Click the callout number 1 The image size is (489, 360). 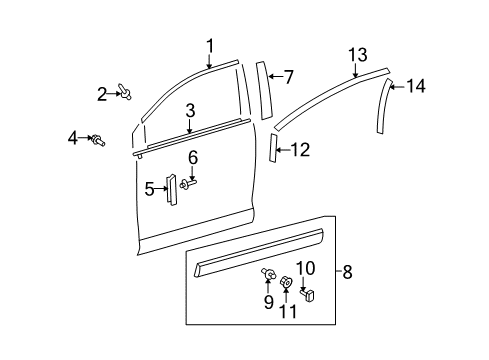[x=210, y=44]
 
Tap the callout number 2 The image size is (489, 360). [x=102, y=94]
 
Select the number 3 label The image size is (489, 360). [x=189, y=110]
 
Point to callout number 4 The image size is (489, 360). [x=73, y=137]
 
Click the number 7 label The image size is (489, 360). [x=289, y=76]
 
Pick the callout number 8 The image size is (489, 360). [x=348, y=270]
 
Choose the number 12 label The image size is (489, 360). [x=300, y=150]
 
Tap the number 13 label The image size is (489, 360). [x=357, y=53]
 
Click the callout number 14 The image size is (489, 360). [x=415, y=87]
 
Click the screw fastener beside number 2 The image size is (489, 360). [x=129, y=93]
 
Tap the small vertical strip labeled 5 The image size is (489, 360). [x=171, y=189]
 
